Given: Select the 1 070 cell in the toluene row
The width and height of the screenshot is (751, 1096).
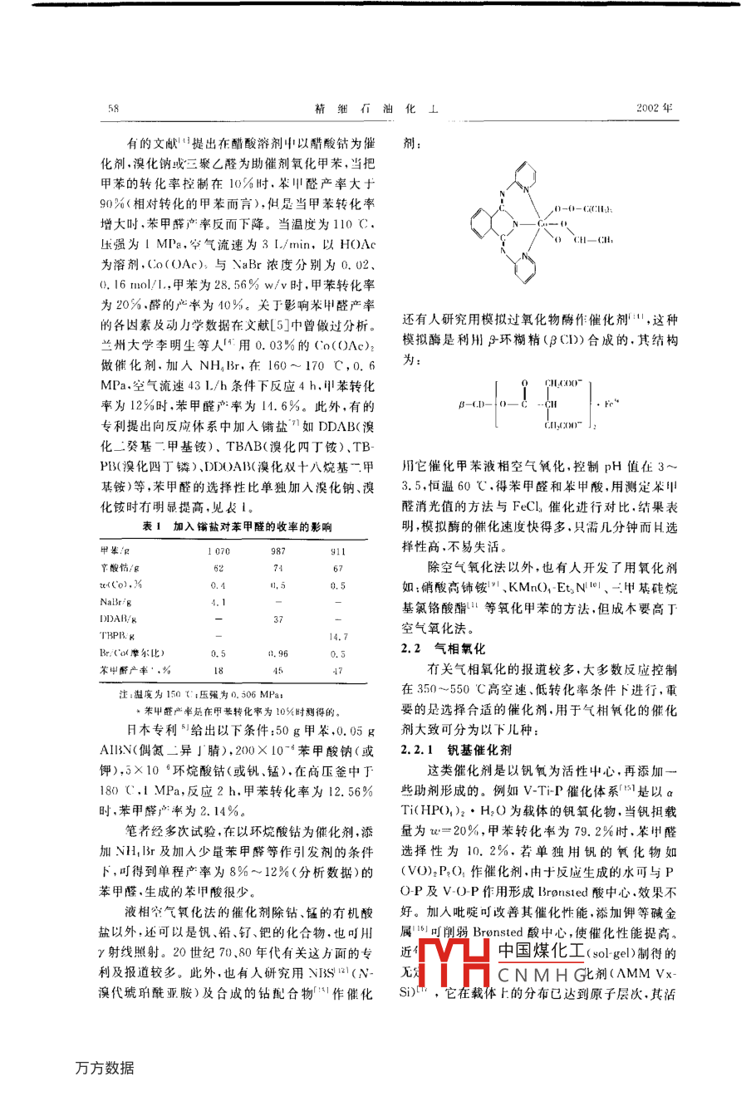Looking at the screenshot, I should [x=218, y=551].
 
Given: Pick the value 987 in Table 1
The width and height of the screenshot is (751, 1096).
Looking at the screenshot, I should [x=278, y=551].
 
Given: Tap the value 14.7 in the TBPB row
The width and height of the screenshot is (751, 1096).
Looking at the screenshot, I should [x=338, y=637].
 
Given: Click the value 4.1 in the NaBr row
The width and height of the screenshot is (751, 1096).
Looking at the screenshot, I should [x=218, y=602].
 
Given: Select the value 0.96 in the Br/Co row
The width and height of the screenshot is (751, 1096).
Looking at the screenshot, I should [x=278, y=653].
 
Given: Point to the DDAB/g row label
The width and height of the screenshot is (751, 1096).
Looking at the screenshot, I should [x=119, y=619].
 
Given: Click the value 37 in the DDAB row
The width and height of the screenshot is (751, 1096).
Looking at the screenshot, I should [x=278, y=619].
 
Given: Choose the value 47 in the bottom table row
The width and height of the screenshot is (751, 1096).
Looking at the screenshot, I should [x=338, y=671].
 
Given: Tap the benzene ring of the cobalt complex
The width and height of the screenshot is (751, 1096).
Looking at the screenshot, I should [x=481, y=224].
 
